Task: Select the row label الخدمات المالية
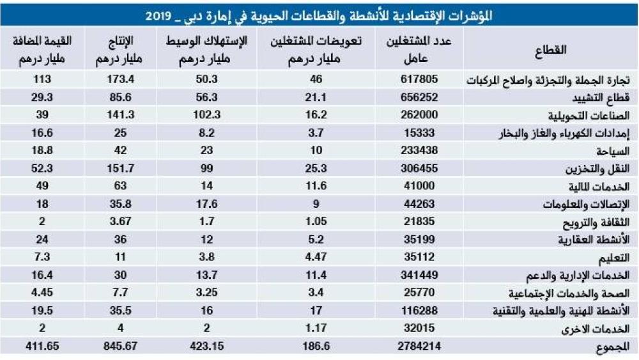(x=599, y=188)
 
